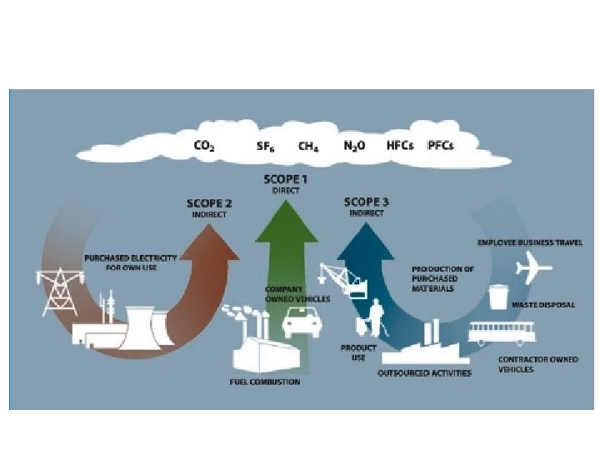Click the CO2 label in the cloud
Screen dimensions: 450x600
pos(204,146)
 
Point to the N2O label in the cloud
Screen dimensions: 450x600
pos(355,146)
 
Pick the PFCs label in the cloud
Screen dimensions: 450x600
pos(441,145)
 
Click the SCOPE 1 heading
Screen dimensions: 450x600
pos(286,179)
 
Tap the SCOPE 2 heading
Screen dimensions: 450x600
pos(211,203)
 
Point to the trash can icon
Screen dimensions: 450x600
pos(498,297)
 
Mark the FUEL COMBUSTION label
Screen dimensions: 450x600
pos(265,382)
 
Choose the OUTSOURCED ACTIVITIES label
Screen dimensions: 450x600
pos(425,372)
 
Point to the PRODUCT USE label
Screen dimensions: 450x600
pos(358,352)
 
